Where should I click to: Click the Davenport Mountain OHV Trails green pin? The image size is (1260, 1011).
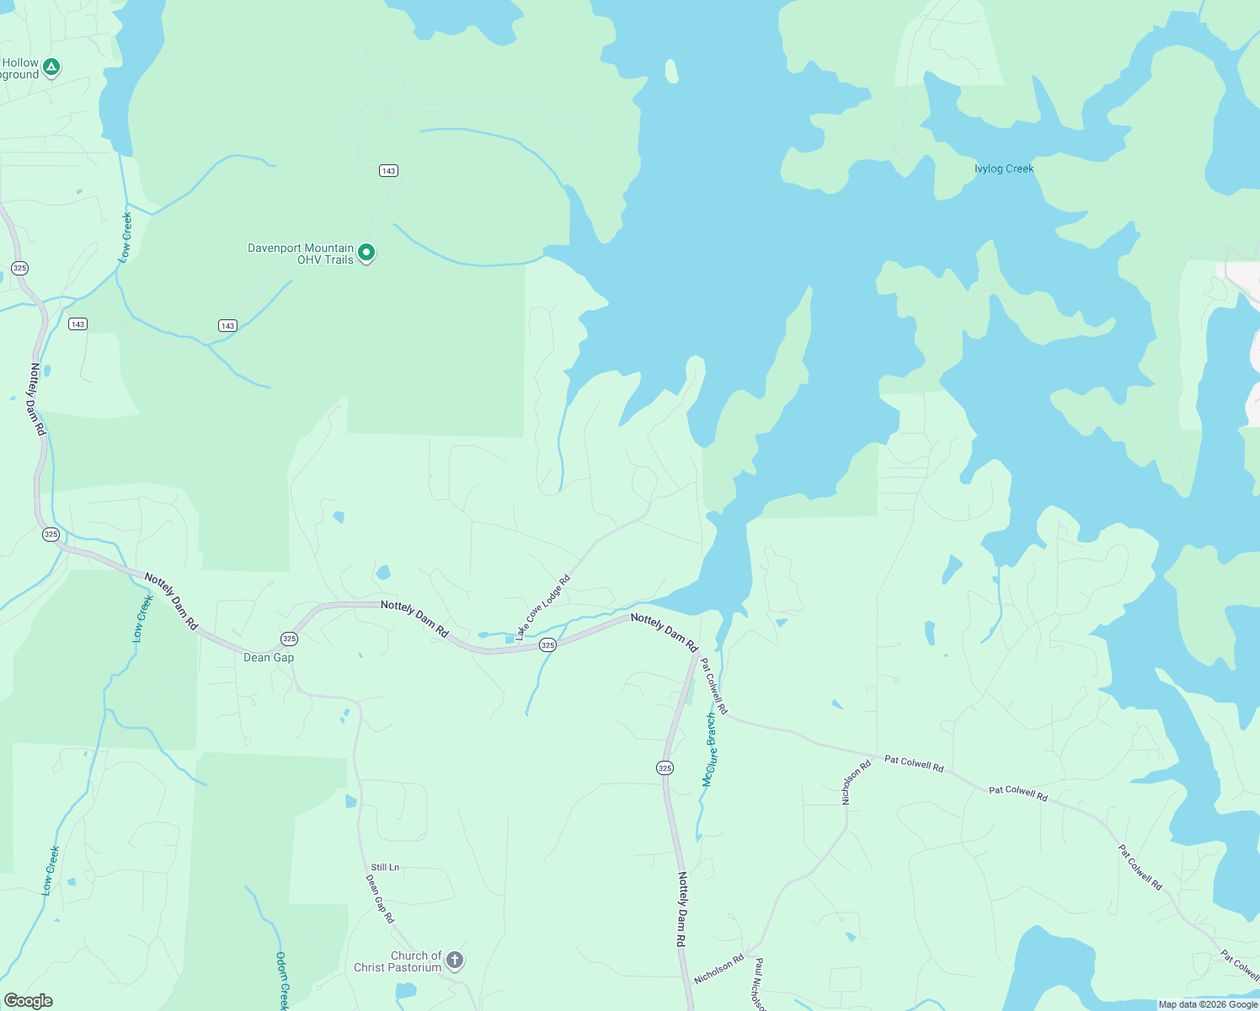pyautogui.click(x=366, y=253)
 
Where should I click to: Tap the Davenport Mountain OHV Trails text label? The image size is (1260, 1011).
pyautogui.click(x=301, y=254)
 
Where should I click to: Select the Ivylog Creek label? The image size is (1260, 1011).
pyautogui.click(x=1003, y=168)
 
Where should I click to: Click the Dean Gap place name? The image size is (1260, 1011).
pyautogui.click(x=269, y=657)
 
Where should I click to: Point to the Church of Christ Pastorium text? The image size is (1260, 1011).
pyautogui.click(x=398, y=961)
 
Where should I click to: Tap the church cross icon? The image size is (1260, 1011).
pyautogui.click(x=455, y=960)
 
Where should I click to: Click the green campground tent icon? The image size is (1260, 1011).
pyautogui.click(x=51, y=67)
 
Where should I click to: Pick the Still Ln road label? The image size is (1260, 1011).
pyautogui.click(x=385, y=867)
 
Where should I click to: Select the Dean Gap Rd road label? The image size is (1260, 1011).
pyautogui.click(x=380, y=898)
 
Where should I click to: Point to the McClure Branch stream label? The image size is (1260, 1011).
pyautogui.click(x=710, y=750)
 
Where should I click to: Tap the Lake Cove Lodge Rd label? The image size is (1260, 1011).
pyautogui.click(x=543, y=607)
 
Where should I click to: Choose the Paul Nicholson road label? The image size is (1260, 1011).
pyautogui.click(x=759, y=984)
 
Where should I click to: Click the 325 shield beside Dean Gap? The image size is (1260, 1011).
pyautogui.click(x=289, y=639)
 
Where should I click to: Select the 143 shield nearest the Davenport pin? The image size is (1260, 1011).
pyautogui.click(x=388, y=170)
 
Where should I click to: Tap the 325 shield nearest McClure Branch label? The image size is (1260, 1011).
pyautogui.click(x=665, y=768)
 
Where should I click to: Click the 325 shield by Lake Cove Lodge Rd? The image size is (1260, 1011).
pyautogui.click(x=547, y=645)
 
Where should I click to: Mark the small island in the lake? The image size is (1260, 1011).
pyautogui.click(x=671, y=72)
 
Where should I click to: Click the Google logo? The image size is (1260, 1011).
pyautogui.click(x=29, y=1001)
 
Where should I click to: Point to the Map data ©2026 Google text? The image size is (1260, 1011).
pyautogui.click(x=1208, y=1004)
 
